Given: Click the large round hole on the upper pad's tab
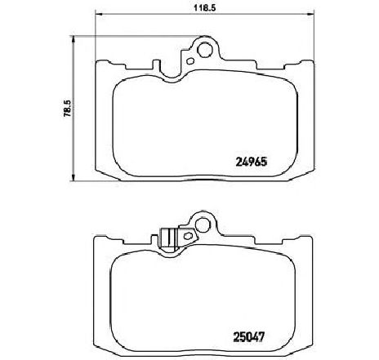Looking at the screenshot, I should coord(203,49).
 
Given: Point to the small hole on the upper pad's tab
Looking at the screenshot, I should coord(190,60).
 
